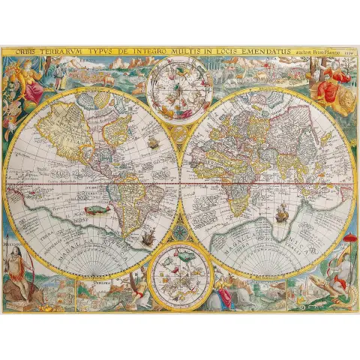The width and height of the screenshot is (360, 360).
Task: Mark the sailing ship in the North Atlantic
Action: coord(152,142)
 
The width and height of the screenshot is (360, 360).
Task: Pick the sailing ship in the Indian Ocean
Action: coord(281,216)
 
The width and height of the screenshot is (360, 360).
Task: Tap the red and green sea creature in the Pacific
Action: coord(94,212)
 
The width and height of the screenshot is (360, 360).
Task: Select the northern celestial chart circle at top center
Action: coord(178,88)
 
